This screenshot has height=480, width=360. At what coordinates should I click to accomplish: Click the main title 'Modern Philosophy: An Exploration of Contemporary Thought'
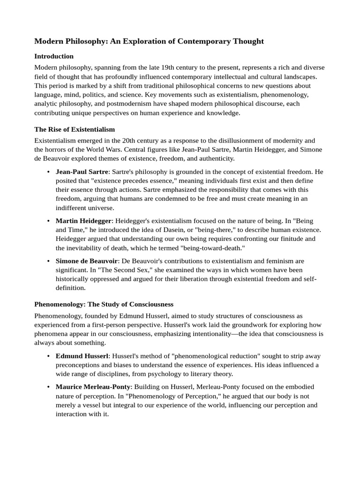coord(149,41)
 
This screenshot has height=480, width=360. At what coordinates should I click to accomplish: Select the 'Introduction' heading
coord(54,56)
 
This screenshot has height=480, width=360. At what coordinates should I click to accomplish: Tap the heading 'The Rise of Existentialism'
coord(75,129)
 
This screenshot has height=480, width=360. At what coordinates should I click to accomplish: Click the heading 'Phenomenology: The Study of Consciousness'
coord(104,304)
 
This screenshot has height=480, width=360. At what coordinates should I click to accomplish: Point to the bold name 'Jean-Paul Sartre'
coord(82,172)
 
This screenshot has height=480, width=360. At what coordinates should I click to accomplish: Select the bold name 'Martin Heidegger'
coord(83,220)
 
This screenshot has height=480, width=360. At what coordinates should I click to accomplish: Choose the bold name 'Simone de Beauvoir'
coord(86,261)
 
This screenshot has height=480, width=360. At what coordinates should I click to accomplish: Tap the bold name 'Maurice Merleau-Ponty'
coord(93,387)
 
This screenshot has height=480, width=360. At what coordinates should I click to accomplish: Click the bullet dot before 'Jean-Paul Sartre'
coord(49,172)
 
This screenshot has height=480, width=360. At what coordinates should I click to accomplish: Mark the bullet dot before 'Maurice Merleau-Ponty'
coord(49,387)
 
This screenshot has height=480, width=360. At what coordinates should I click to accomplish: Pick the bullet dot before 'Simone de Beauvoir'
coord(49,261)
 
